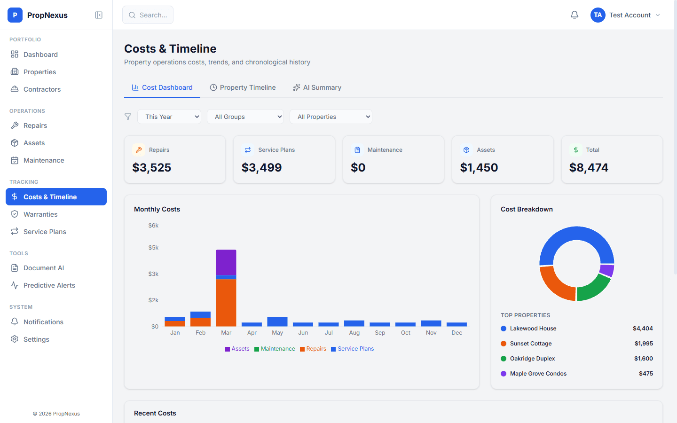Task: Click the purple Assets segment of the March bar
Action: tap(226, 262)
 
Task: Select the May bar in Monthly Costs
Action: tap(277, 321)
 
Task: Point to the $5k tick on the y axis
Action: tap(153, 248)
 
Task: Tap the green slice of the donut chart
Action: tap(593, 288)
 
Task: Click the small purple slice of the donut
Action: tap(607, 270)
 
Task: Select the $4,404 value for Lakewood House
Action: tap(642, 329)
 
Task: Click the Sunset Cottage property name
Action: tap(530, 344)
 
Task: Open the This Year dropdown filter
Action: tap(169, 117)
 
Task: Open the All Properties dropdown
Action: tap(331, 117)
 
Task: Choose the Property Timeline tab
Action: tap(243, 87)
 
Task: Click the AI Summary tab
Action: tap(317, 87)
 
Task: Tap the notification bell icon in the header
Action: tap(575, 15)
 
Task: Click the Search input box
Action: tap(148, 15)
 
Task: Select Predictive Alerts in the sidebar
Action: tap(49, 285)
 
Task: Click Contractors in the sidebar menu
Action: tap(42, 89)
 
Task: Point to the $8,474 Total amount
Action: tap(589, 168)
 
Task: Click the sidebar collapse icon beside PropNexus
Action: tap(99, 15)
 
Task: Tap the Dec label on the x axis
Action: tap(457, 333)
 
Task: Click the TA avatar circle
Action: tap(598, 15)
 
